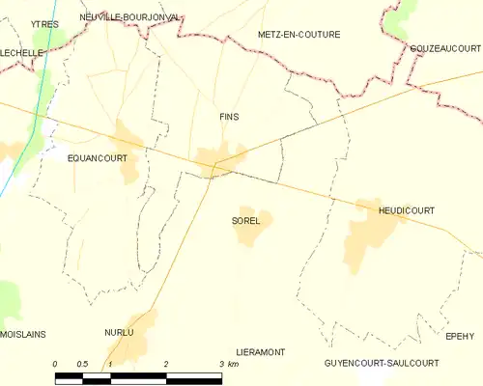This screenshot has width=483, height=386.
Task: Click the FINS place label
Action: (x=228, y=117)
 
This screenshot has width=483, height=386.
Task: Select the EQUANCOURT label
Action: (x=98, y=156)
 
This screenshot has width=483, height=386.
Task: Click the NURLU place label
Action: (x=119, y=332)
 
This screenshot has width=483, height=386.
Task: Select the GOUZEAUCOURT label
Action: (x=444, y=48)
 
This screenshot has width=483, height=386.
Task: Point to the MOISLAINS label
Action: (x=22, y=334)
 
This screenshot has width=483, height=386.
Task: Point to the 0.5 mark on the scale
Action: (x=83, y=363)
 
